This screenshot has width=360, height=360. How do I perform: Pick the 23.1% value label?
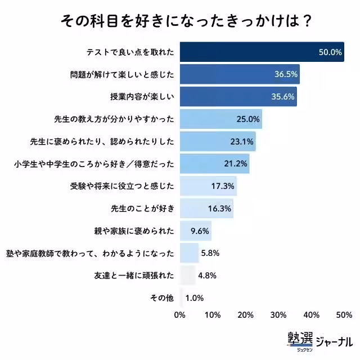point(242,141)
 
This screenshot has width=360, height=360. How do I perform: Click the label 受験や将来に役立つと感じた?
point(122,186)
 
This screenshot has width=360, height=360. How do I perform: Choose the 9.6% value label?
point(201,231)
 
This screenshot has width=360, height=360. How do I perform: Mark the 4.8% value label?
point(208,276)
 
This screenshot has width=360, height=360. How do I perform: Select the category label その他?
point(163,298)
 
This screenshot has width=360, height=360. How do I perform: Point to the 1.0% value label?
point(195,298)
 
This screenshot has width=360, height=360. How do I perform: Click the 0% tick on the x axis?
point(180,314)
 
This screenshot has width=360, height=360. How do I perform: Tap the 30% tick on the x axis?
point(278,314)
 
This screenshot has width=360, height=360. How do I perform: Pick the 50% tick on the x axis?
point(344,314)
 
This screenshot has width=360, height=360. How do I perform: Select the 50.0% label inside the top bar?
point(330,52)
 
